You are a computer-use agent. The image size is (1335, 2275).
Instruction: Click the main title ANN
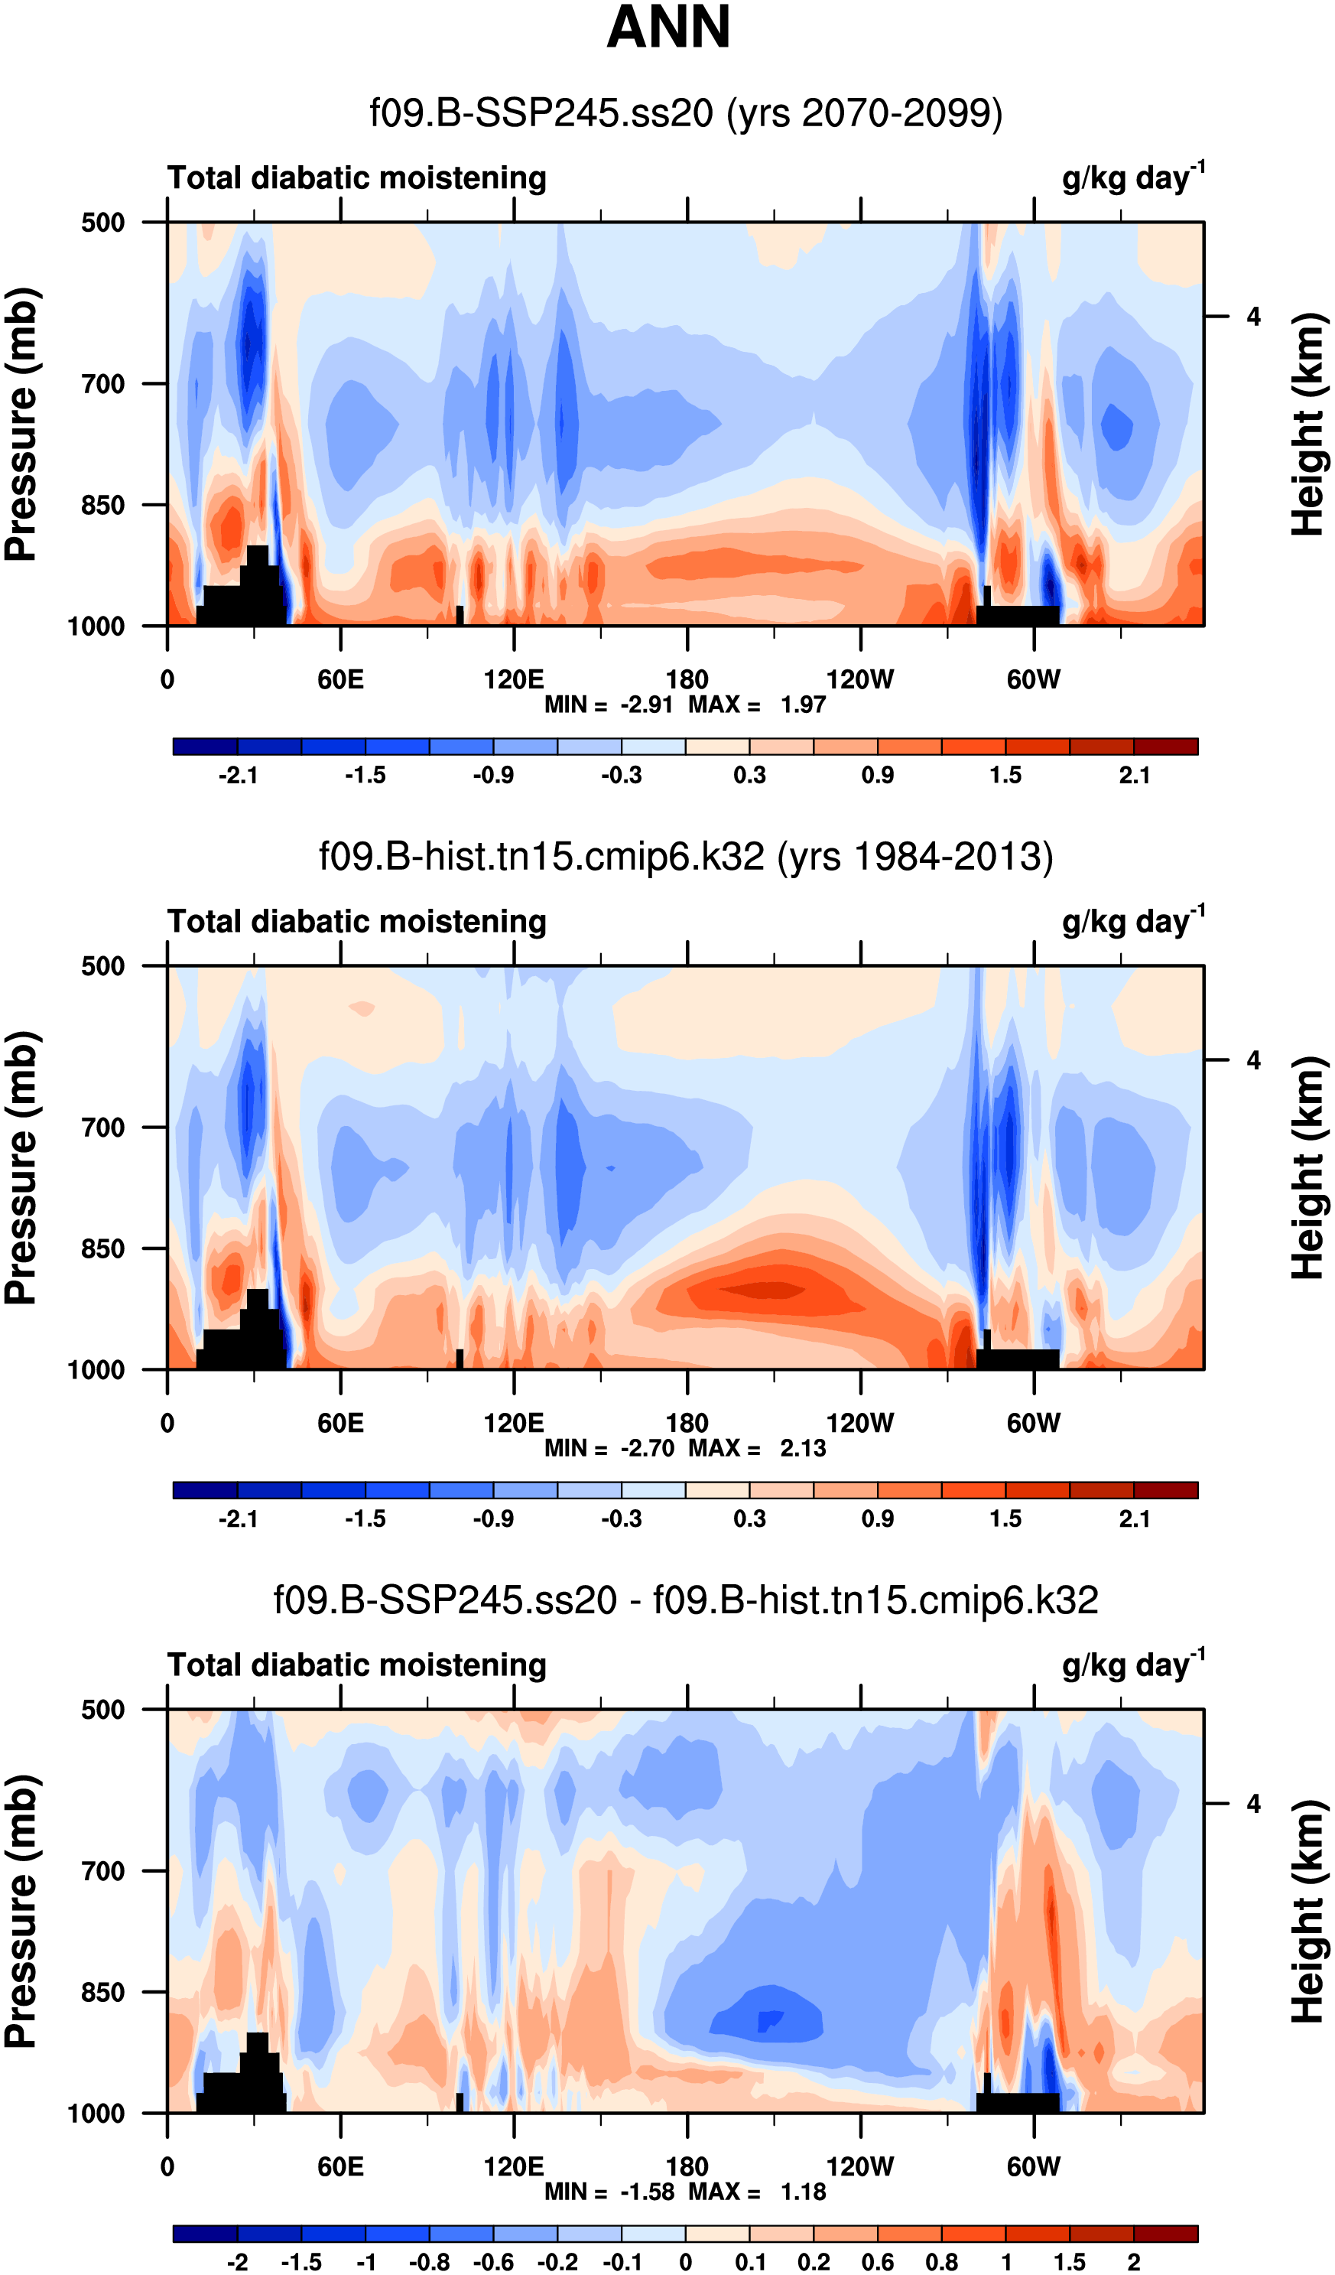pyautogui.click(x=668, y=27)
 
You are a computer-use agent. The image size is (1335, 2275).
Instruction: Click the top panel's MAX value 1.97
pyautogui.click(x=804, y=705)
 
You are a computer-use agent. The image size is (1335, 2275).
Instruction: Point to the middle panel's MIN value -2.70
pyautogui.click(x=646, y=1448)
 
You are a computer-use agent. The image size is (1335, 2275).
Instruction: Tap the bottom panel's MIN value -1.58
pyautogui.click(x=646, y=2191)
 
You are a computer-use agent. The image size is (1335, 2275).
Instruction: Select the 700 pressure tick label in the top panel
pyautogui.click(x=103, y=384)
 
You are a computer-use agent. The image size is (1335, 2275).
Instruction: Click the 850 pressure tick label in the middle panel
pyautogui.click(x=103, y=1248)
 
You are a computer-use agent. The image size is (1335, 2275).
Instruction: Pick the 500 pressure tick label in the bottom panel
pyautogui.click(x=103, y=1709)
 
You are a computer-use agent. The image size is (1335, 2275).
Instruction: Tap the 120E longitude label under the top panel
pyautogui.click(x=514, y=679)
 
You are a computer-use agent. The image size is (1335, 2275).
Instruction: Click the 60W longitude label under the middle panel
pyautogui.click(x=1034, y=1423)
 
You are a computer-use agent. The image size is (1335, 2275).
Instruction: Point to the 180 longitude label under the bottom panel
pyautogui.click(x=687, y=2166)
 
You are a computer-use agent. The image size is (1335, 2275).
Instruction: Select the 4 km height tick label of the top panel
pyautogui.click(x=1254, y=317)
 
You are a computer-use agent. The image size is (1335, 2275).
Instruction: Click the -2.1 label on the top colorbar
pyautogui.click(x=237, y=776)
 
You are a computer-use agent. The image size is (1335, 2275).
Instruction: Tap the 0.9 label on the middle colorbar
pyautogui.click(x=877, y=1518)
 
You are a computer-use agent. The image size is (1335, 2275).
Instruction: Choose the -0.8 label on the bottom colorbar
pyautogui.click(x=429, y=2261)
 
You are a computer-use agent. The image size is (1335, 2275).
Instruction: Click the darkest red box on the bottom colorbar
pyautogui.click(x=1165, y=2234)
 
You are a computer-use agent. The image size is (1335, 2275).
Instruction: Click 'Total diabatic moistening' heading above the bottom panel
pyautogui.click(x=356, y=1665)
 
